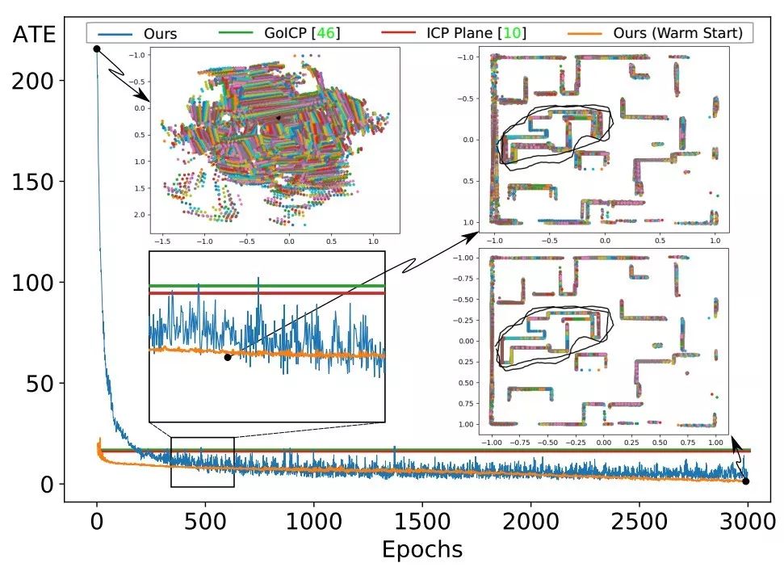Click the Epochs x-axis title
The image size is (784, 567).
point(422,549)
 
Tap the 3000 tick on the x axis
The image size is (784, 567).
point(748,519)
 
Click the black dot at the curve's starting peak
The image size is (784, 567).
point(97,48)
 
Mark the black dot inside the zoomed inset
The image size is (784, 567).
point(228,357)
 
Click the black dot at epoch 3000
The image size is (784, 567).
point(745,481)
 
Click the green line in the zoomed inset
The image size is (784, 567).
point(266,286)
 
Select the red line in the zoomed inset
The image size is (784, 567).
point(266,293)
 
